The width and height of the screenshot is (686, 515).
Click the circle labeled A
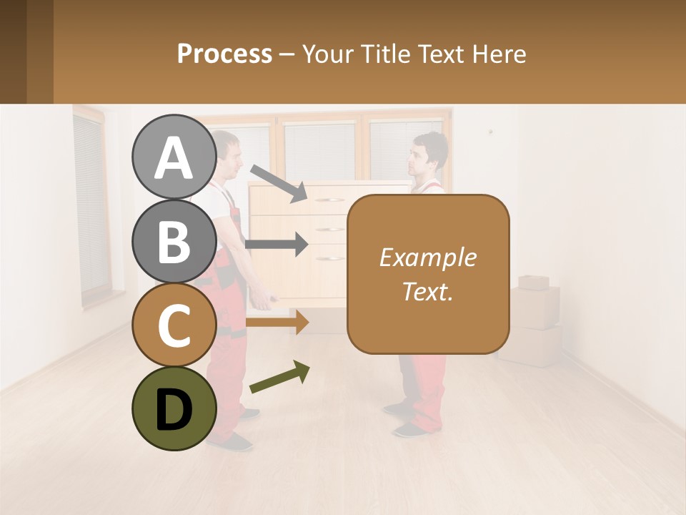click(x=174, y=157)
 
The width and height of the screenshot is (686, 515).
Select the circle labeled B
click(x=174, y=241)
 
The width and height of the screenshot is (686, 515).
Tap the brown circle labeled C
click(x=174, y=325)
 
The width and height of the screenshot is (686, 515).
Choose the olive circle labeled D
click(x=174, y=408)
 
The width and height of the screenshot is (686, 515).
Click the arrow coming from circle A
click(x=279, y=183)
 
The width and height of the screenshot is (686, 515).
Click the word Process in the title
click(x=224, y=54)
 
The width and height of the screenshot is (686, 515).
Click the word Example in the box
click(x=427, y=257)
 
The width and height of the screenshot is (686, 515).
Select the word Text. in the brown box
click(x=427, y=291)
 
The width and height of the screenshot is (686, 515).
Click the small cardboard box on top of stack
click(x=534, y=282)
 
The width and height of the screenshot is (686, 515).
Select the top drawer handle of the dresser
click(x=328, y=200)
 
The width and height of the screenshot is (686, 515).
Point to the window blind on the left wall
click(x=89, y=207)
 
